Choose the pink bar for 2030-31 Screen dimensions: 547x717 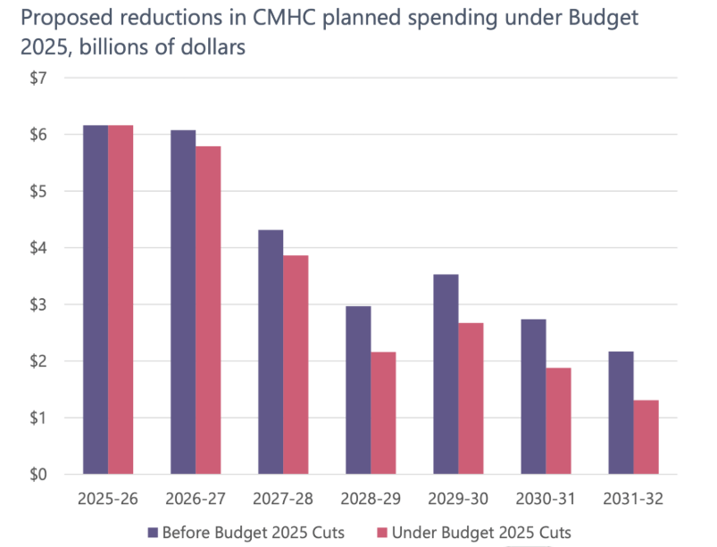[x=558, y=421]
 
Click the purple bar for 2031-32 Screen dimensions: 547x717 [x=621, y=413]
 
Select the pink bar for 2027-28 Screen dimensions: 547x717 [x=296, y=365]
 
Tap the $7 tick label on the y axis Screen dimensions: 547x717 [x=38, y=78]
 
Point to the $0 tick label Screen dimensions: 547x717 [x=38, y=475]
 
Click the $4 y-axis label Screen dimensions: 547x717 [x=38, y=248]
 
